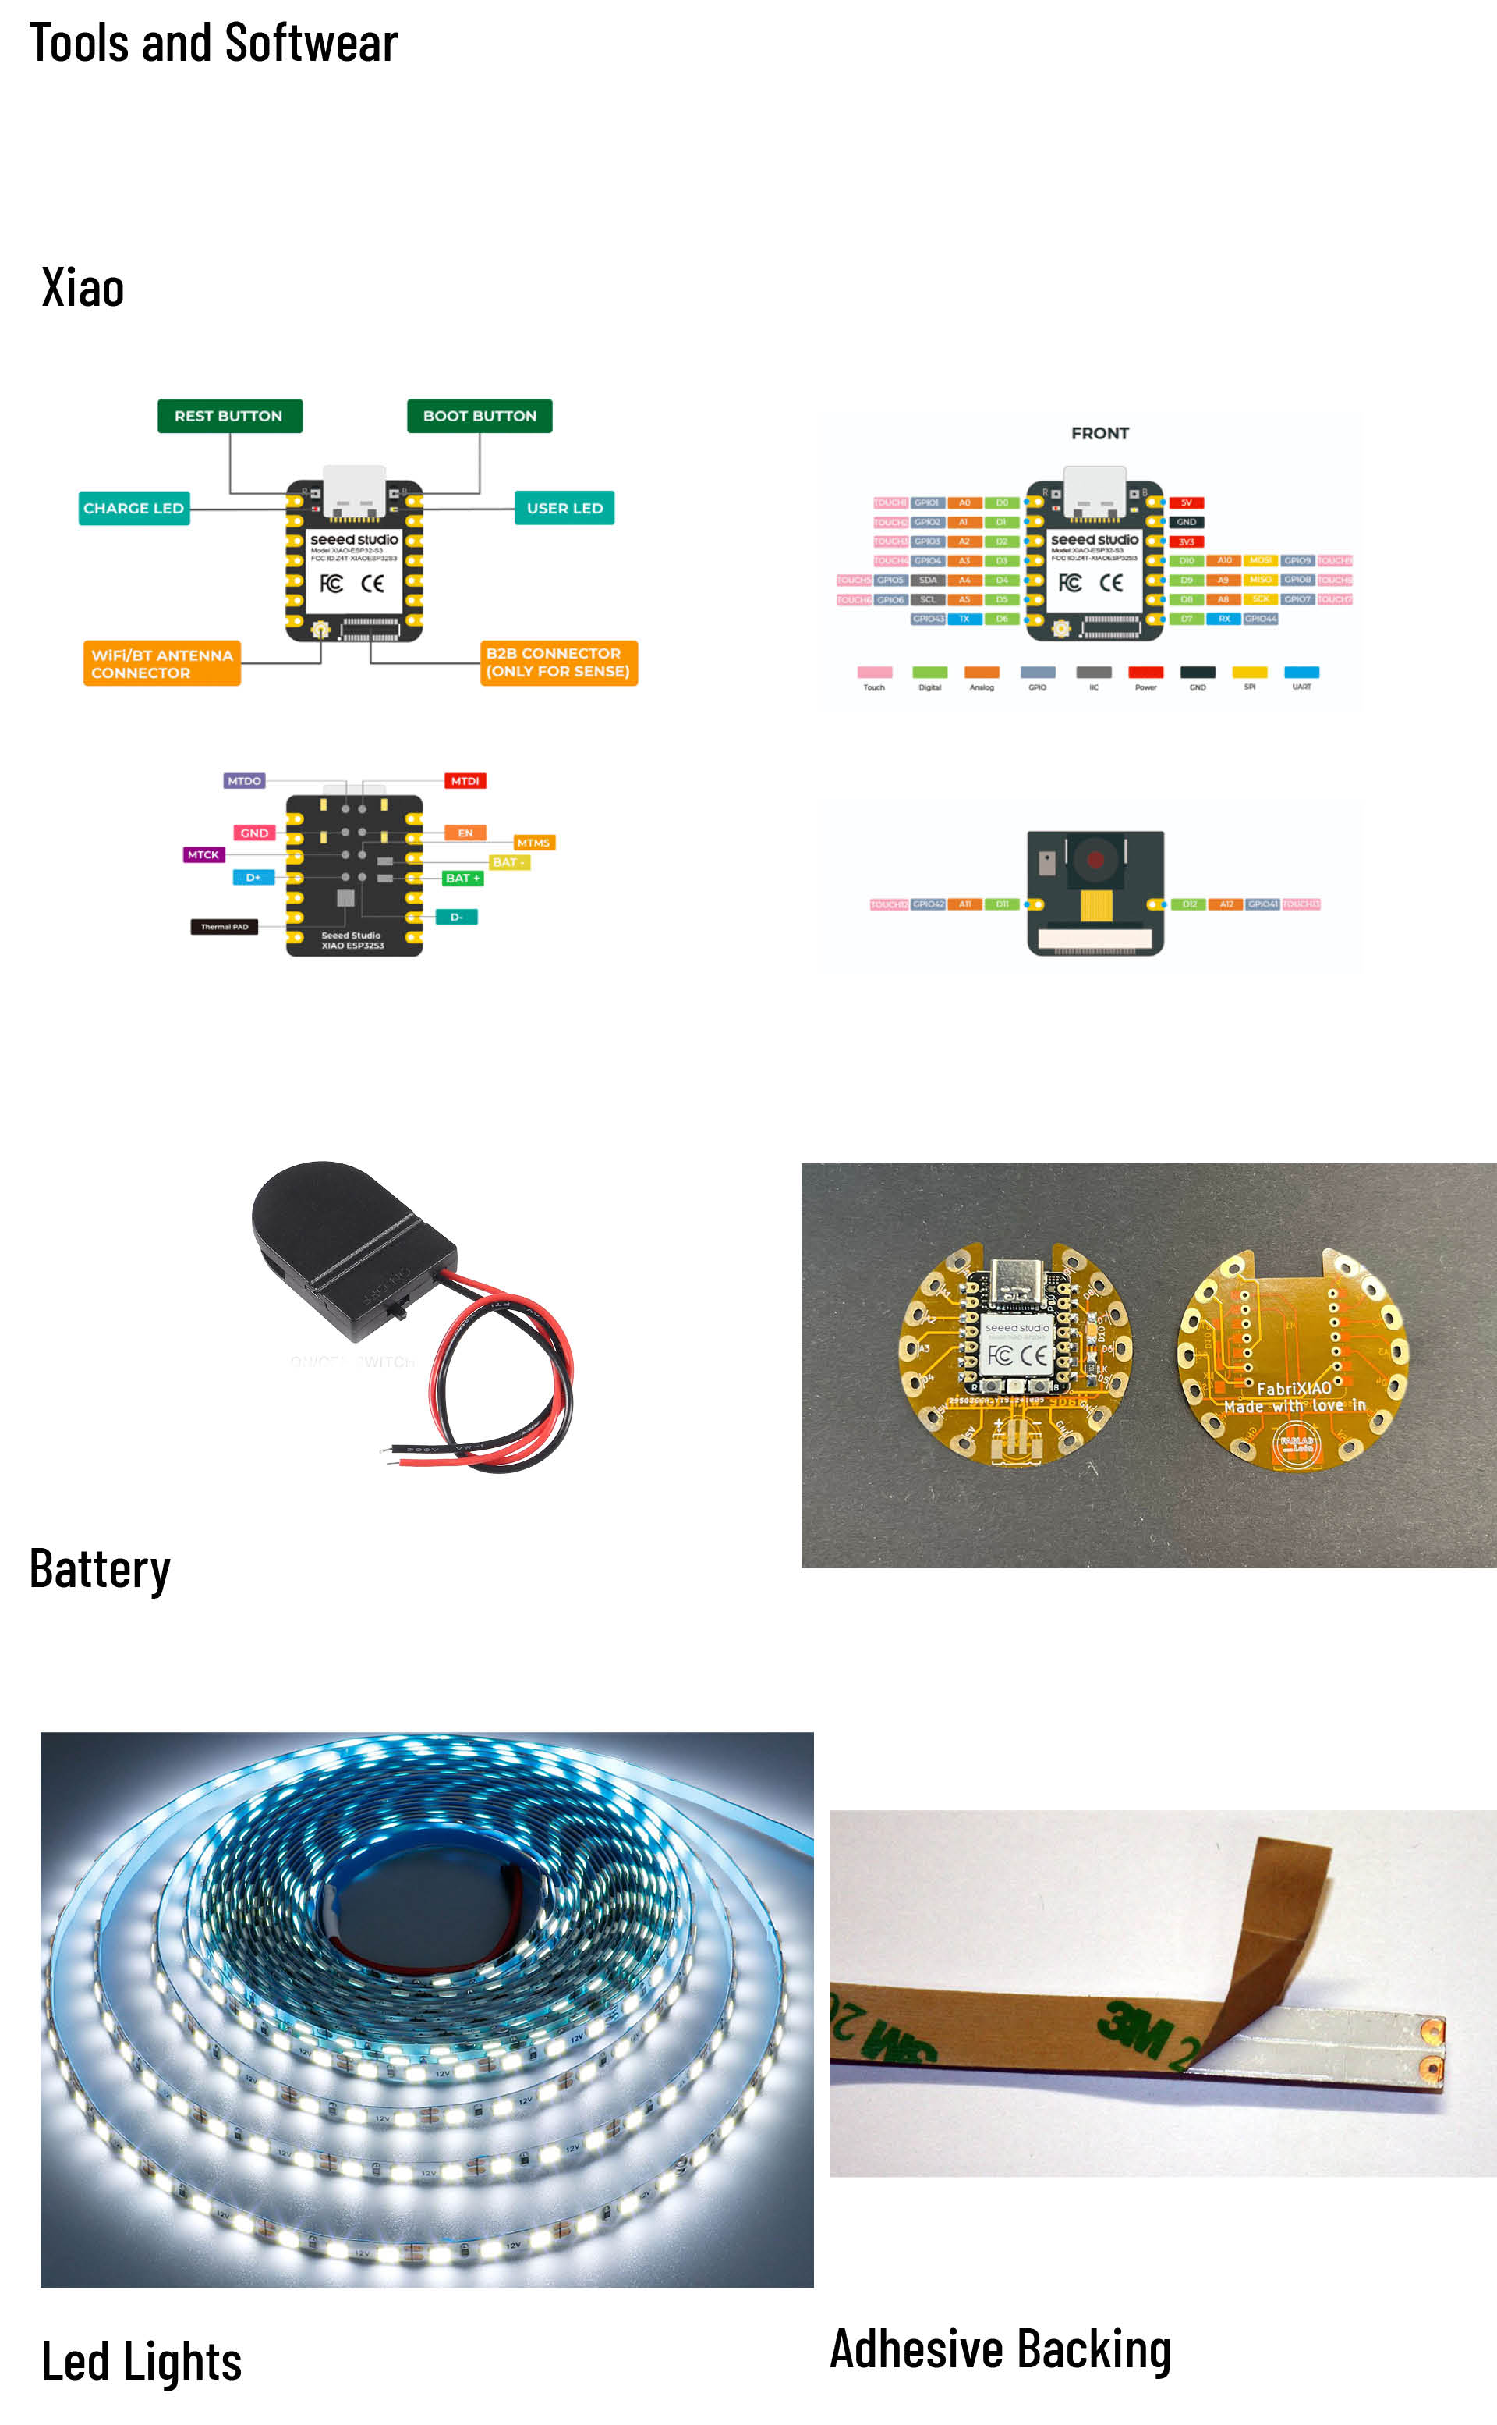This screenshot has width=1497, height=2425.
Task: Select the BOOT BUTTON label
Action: click(480, 416)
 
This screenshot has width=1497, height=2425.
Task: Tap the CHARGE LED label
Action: click(133, 508)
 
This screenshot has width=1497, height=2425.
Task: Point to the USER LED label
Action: click(564, 508)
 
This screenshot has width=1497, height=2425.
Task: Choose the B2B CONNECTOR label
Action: click(557, 662)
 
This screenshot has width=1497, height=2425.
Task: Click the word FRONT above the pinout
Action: click(1099, 433)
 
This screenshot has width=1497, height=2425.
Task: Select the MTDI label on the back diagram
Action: click(465, 780)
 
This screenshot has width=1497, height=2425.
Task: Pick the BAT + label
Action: click(462, 878)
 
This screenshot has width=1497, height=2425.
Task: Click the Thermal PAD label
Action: click(225, 927)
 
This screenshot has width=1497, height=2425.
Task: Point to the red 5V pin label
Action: click(1186, 502)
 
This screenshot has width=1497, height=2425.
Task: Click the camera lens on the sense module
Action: click(1095, 857)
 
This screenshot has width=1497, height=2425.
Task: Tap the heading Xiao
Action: click(83, 288)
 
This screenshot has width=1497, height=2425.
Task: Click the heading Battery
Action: click(100, 1569)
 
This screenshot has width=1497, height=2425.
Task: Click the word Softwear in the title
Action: click(311, 43)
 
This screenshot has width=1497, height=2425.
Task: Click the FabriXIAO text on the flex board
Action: click(1293, 1388)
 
